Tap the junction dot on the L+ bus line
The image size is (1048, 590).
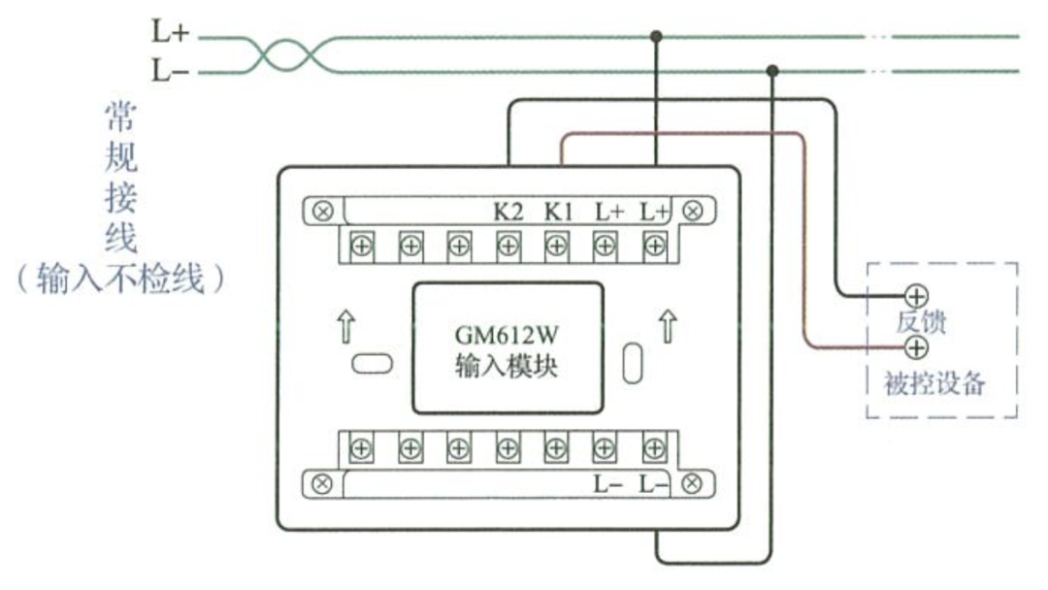click(656, 37)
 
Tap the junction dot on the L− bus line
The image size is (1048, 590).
click(772, 71)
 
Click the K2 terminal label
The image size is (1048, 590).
click(508, 211)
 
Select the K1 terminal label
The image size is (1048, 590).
click(558, 211)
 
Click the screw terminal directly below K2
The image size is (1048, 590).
click(508, 246)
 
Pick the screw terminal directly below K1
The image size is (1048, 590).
click(556, 246)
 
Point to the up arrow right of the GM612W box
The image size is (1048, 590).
click(668, 327)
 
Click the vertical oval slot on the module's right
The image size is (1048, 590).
click(632, 362)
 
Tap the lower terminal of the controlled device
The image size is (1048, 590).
click(915, 347)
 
